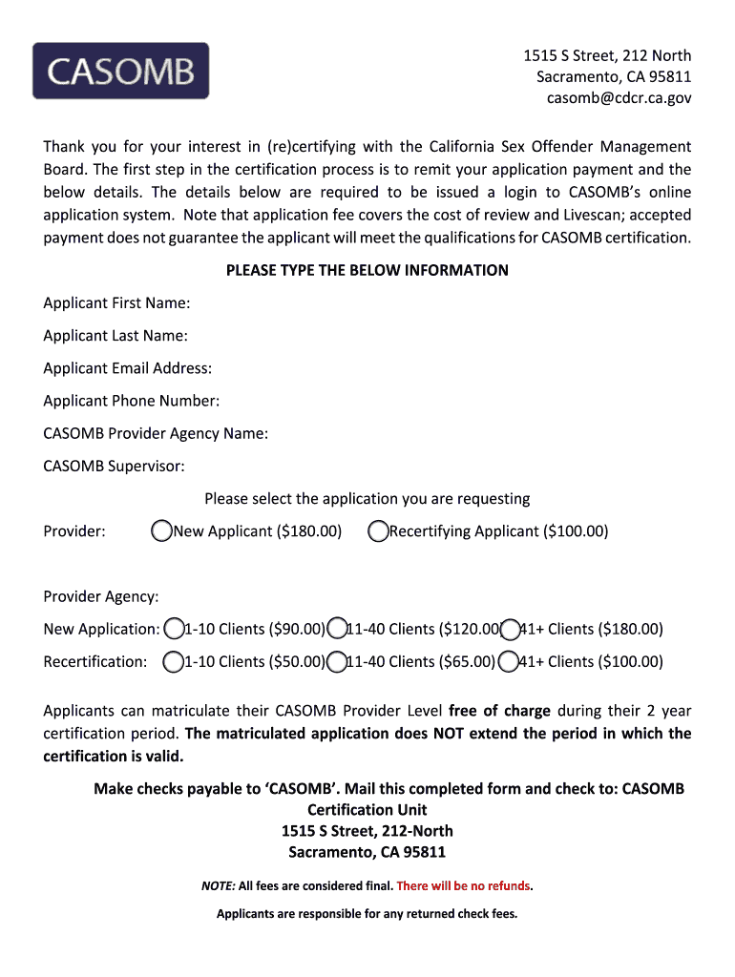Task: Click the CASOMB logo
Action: tap(120, 71)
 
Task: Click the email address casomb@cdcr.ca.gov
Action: tap(619, 97)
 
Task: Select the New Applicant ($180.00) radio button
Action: tap(162, 530)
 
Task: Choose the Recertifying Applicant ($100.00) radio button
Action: tap(378, 530)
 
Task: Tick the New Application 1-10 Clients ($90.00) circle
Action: tap(174, 629)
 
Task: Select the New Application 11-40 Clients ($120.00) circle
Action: tap(336, 629)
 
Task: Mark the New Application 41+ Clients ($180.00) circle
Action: tap(510, 629)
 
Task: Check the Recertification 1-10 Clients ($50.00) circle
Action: tap(174, 661)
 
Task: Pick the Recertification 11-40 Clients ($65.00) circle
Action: tap(336, 661)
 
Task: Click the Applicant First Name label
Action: tap(116, 302)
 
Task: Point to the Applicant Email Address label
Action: tap(127, 367)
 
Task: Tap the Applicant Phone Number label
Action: tap(131, 401)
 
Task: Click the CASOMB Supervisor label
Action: tap(114, 466)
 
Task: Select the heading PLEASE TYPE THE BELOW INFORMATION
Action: tap(367, 270)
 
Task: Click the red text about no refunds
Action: tap(463, 886)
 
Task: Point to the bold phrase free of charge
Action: tap(499, 711)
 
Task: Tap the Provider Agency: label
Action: tap(100, 596)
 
